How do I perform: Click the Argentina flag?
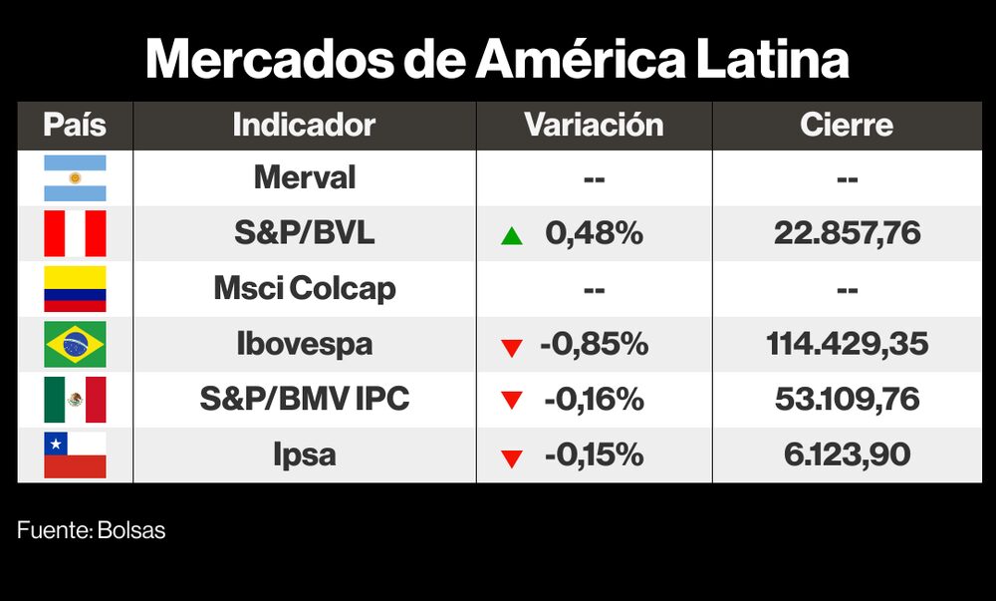(75, 178)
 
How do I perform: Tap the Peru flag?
(75, 234)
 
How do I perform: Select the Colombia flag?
(75, 289)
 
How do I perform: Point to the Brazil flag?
(75, 345)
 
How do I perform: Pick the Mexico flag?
(75, 400)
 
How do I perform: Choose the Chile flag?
(75, 454)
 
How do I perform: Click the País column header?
(75, 126)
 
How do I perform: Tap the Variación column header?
(594, 126)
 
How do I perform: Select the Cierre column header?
(847, 126)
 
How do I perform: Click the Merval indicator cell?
(304, 178)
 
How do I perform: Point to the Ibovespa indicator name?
(304, 345)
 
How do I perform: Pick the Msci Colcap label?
(304, 289)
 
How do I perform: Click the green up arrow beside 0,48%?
(512, 236)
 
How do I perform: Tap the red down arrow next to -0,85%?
(512, 347)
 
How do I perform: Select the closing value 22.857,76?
(847, 234)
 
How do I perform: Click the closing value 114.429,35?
(847, 345)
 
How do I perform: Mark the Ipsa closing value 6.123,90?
(847, 454)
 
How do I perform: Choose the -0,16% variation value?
(594, 400)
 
